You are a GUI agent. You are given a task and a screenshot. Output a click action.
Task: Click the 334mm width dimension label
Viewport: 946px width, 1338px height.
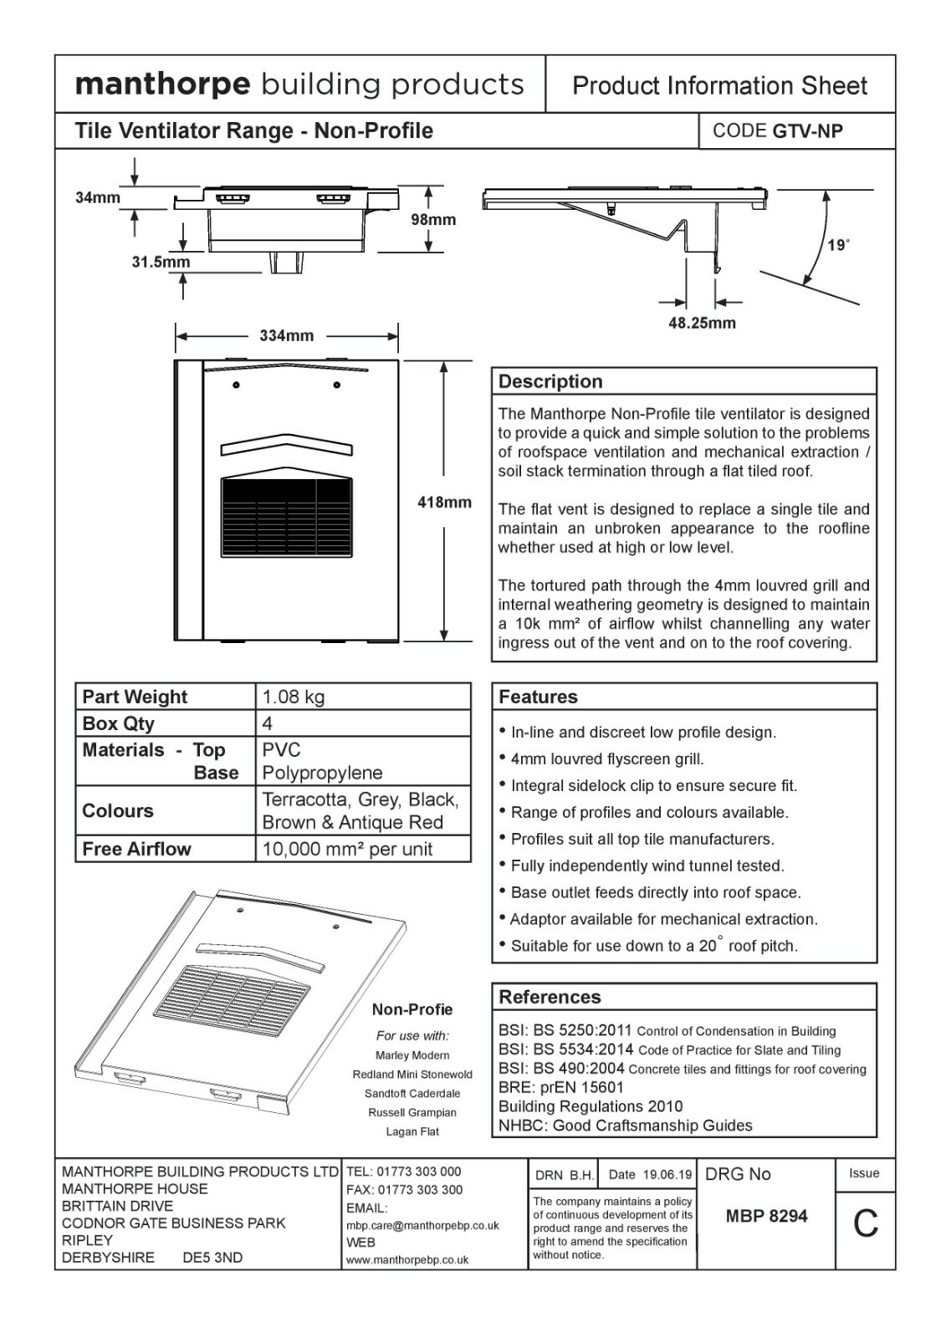click(x=286, y=336)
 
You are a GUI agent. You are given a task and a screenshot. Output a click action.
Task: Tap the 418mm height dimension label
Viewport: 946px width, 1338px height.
click(x=444, y=503)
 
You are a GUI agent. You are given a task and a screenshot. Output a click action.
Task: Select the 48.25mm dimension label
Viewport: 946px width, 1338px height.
click(x=702, y=323)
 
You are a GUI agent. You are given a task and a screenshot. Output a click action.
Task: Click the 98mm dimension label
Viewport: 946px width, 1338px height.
click(x=433, y=220)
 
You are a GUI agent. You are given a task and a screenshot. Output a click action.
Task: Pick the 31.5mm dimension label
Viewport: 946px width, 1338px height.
click(x=161, y=263)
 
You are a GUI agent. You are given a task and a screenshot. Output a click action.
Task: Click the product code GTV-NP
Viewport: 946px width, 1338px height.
click(x=807, y=131)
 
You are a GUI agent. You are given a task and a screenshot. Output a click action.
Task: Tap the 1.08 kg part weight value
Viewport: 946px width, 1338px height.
click(x=294, y=697)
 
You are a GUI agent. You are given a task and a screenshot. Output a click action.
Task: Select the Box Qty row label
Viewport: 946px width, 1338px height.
click(x=119, y=723)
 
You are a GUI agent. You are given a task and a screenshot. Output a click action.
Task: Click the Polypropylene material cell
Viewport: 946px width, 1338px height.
click(x=322, y=773)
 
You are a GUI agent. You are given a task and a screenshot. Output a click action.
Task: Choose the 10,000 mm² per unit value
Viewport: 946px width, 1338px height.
click(x=347, y=850)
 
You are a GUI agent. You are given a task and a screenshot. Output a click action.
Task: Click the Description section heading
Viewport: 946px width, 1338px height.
click(x=550, y=381)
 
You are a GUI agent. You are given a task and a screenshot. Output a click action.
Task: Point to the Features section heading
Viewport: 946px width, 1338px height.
click(x=538, y=697)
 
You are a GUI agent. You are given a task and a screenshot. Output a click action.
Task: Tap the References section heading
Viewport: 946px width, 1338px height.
click(x=550, y=997)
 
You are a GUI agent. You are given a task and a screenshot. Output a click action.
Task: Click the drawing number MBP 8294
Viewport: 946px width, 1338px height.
click(x=766, y=1216)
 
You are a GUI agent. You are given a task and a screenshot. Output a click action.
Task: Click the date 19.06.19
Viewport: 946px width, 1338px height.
click(x=667, y=1175)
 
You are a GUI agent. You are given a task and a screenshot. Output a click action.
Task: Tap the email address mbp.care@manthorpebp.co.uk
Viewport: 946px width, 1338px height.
click(x=422, y=1226)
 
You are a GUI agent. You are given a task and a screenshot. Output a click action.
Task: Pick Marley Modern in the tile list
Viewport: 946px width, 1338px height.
click(x=412, y=1055)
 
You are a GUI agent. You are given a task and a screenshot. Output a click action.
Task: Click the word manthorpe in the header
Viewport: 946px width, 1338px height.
click(x=162, y=84)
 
